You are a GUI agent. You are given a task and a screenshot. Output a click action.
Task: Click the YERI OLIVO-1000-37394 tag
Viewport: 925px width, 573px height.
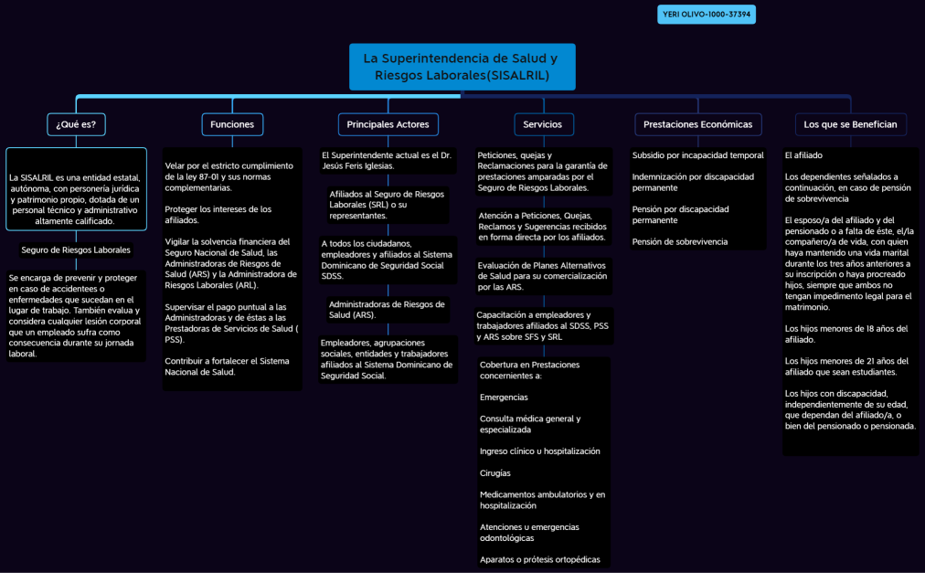(x=707, y=15)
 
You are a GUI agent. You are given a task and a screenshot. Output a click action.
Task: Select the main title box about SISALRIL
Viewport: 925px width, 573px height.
(x=462, y=67)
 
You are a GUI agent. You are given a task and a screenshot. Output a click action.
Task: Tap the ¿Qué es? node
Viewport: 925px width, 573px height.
(x=76, y=124)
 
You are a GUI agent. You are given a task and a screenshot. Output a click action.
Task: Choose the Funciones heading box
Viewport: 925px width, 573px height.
(x=232, y=124)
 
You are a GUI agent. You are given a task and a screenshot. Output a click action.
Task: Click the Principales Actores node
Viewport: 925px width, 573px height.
(x=388, y=124)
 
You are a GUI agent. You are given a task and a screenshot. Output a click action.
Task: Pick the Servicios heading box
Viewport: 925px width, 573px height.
(x=543, y=124)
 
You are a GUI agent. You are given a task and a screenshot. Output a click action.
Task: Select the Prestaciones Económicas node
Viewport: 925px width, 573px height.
(x=697, y=124)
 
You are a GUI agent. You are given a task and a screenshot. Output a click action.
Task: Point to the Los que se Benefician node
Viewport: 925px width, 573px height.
(x=850, y=124)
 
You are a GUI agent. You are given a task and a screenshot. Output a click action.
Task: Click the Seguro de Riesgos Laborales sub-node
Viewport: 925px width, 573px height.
(x=76, y=249)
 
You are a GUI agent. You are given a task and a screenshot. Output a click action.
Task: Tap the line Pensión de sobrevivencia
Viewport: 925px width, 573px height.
(x=679, y=241)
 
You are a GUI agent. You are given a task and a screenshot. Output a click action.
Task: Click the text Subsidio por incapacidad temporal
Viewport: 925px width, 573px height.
(x=697, y=155)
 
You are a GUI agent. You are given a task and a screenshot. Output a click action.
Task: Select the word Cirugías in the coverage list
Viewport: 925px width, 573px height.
(x=495, y=473)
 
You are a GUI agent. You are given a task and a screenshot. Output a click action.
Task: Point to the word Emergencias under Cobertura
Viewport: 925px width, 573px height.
(x=504, y=398)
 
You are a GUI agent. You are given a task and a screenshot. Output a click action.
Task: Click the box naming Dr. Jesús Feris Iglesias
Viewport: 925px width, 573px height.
(x=388, y=161)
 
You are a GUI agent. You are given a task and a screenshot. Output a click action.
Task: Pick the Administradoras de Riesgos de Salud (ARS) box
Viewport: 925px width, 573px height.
(x=388, y=309)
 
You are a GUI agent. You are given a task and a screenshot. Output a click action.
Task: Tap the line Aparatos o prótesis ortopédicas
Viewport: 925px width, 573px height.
(x=540, y=559)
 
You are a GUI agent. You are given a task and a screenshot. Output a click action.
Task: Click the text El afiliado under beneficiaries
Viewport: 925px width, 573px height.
(x=803, y=155)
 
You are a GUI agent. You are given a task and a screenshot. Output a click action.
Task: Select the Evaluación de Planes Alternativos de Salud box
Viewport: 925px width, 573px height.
(x=543, y=275)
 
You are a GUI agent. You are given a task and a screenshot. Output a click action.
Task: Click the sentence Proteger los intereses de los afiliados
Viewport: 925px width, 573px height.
(x=218, y=215)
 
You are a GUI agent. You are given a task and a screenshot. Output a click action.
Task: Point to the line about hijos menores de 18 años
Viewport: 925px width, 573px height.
(x=846, y=334)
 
